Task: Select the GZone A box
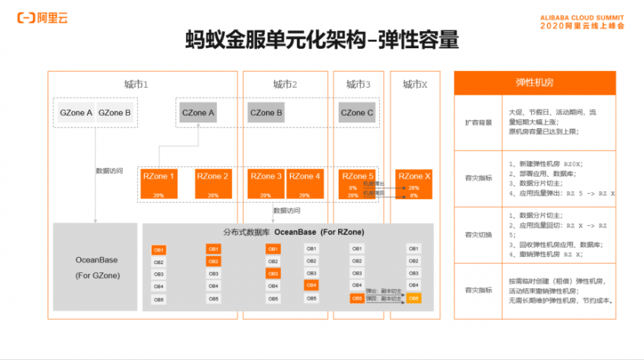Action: [76, 113]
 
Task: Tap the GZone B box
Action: [115, 113]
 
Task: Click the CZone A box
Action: [198, 113]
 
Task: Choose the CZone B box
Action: [266, 113]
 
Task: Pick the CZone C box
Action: [357, 113]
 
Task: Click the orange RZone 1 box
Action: [159, 183]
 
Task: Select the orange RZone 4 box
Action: [305, 183]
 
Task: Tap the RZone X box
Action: [414, 183]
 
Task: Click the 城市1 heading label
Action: [137, 84]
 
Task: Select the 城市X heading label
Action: [415, 84]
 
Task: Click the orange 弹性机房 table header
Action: [535, 83]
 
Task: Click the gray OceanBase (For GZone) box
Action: [96, 267]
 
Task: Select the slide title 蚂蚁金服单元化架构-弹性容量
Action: [321, 40]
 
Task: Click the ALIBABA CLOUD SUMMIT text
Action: [582, 17]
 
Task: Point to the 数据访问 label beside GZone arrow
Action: [108, 171]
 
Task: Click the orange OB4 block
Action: [311, 285]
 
